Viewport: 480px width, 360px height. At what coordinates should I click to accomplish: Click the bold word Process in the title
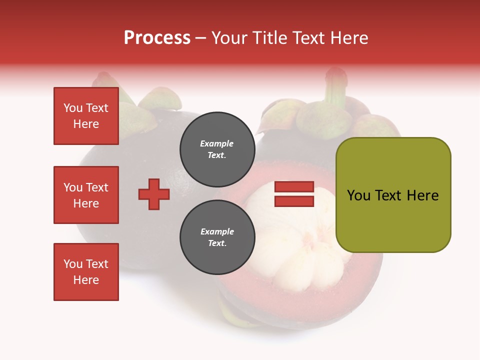tap(157, 38)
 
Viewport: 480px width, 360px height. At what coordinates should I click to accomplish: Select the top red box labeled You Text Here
tap(86, 116)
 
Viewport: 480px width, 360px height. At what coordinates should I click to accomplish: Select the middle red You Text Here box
tap(86, 195)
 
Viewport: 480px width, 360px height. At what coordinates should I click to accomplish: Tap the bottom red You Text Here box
tap(86, 271)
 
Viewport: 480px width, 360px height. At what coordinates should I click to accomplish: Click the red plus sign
tap(154, 194)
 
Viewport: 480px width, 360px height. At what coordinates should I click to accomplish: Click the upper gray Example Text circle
tap(217, 149)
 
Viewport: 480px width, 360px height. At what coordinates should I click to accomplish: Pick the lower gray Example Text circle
tap(217, 237)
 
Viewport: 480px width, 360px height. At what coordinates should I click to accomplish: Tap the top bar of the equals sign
tap(294, 187)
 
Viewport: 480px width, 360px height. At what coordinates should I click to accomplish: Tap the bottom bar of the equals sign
tap(294, 201)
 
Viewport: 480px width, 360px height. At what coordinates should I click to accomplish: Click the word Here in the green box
tap(423, 195)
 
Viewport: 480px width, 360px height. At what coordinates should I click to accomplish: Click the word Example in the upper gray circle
tap(217, 143)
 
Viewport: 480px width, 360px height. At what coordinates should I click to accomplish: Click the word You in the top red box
tap(73, 108)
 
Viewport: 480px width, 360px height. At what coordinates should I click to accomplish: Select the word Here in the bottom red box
tap(86, 280)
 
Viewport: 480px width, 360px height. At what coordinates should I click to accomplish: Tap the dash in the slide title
tap(201, 38)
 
